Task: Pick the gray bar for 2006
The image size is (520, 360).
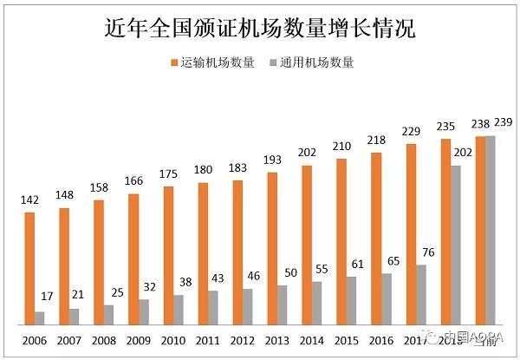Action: (40, 317)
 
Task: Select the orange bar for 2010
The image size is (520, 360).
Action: (168, 255)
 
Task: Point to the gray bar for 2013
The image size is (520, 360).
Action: (283, 304)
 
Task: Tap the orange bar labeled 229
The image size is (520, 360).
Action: (411, 233)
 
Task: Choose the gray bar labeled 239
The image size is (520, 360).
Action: (491, 230)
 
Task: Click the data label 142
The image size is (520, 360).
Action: (29, 200)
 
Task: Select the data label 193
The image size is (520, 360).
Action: (272, 160)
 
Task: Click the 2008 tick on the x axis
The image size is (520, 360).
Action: (104, 340)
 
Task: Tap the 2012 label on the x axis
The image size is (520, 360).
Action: (243, 340)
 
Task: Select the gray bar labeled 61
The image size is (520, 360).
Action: (352, 300)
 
